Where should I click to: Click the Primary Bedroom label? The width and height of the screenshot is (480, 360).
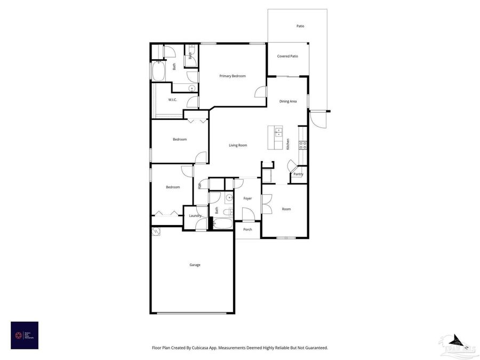coord(233,76)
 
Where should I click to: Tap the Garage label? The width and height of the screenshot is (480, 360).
coord(195,265)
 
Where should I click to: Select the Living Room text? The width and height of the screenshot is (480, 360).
coord(238,145)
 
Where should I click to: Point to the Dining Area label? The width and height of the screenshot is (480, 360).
coord(288,101)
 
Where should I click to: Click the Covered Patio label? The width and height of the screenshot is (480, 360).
coord(287,56)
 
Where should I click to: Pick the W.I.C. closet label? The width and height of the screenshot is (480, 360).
coord(172,100)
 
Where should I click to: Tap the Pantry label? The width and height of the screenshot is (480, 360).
coord(298,174)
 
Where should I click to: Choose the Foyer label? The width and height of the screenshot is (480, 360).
coord(247,198)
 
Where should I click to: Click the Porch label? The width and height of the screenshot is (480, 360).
coord(247,229)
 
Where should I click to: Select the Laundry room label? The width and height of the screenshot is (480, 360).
coord(195,215)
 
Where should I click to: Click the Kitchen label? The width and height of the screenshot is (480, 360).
coord(288,144)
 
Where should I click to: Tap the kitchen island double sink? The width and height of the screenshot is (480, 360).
coord(278,132)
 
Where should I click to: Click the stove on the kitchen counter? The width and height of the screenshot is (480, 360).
coord(302,144)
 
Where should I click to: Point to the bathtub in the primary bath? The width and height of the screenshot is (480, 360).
coord(158,71)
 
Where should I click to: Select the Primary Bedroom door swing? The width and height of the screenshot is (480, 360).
coord(260,92)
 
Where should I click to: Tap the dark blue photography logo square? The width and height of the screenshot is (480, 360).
coord(25,335)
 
